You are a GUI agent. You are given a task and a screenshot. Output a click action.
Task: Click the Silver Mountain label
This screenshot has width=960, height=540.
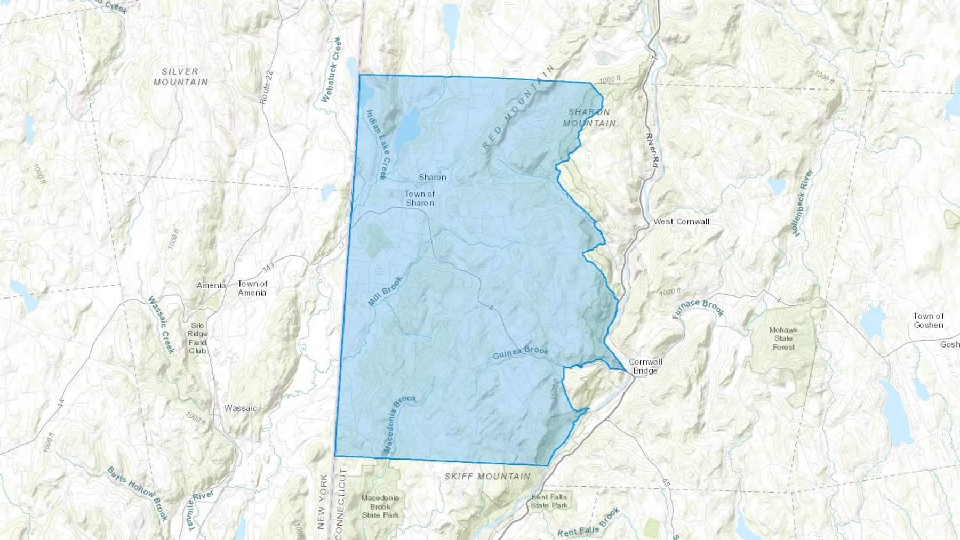click(181, 76)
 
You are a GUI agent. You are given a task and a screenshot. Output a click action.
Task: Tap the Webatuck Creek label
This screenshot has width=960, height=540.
click(331, 69)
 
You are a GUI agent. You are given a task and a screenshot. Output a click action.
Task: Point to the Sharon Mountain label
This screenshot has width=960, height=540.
click(589, 117)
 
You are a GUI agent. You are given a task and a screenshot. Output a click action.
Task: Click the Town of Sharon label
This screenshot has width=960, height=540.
click(420, 198)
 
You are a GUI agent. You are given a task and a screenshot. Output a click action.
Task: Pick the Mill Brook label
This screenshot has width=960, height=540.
click(385, 291)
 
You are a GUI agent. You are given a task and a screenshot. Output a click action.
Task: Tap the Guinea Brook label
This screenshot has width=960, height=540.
click(521, 352)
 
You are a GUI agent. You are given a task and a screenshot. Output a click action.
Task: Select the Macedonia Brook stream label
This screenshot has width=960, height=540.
click(399, 424)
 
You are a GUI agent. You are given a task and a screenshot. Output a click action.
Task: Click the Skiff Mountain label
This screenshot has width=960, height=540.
click(487, 476)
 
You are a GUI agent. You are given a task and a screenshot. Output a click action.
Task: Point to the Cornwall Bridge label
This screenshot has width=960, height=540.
click(645, 366)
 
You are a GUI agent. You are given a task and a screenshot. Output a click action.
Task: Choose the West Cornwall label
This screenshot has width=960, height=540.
click(681, 221)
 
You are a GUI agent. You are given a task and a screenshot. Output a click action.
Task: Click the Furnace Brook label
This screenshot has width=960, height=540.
click(698, 308)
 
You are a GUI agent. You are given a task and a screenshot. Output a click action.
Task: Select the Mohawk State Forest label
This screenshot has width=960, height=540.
click(783, 338)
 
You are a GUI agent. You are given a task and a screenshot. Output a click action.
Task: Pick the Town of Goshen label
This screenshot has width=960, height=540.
click(929, 320)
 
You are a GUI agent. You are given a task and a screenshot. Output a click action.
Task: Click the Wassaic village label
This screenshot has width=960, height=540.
click(241, 408)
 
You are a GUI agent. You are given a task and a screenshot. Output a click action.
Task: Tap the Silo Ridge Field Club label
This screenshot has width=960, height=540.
click(197, 338)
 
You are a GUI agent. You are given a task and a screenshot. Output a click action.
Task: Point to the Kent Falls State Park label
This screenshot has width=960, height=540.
click(549, 501)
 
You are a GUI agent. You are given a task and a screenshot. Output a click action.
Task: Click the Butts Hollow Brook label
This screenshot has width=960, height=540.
click(138, 494)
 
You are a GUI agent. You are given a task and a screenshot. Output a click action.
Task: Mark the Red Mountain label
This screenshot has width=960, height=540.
click(518, 108)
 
